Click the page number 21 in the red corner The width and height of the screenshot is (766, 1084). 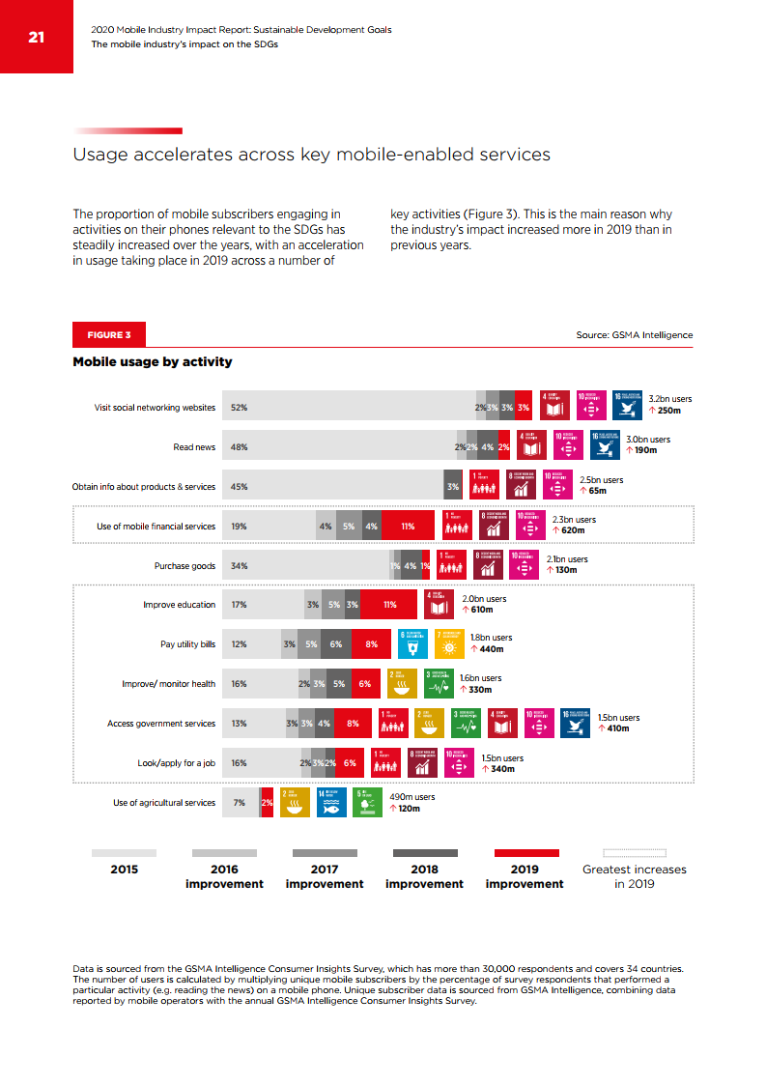coord(37,38)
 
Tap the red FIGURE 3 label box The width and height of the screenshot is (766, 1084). coord(109,335)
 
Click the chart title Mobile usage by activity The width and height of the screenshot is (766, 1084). coord(153,362)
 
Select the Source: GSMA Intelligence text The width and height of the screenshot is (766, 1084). coord(634,335)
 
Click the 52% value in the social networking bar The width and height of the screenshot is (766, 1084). coord(239,408)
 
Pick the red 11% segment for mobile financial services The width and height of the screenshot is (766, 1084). coord(408,527)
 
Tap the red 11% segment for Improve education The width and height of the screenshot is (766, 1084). coord(389,605)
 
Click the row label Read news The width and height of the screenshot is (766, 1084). coord(194,447)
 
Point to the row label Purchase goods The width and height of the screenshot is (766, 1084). coord(184,566)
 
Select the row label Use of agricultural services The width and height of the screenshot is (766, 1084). coord(164,803)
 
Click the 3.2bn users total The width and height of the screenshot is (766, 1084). coord(669,398)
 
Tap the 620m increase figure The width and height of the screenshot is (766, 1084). coord(573,530)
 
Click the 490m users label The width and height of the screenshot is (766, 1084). coord(411,797)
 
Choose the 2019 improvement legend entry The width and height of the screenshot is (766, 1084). coord(525,876)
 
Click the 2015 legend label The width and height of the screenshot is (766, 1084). coord(124,870)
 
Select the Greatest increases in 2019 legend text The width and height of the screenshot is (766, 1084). coord(634,876)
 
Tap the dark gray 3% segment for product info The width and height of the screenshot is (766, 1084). coord(452,487)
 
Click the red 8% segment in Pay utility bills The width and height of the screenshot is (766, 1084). coord(371,644)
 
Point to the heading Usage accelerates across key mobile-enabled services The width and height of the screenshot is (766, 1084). coord(311,155)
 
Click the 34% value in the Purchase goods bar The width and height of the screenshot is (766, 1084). coord(239,566)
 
